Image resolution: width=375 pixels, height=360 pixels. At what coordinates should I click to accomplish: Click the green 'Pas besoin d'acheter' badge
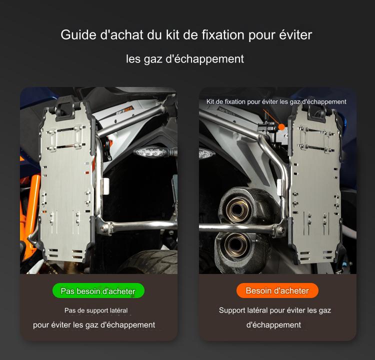(98, 290)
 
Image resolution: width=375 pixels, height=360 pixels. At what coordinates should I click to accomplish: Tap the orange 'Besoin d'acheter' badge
(277, 290)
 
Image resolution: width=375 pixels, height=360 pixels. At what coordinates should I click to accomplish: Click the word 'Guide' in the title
(78, 35)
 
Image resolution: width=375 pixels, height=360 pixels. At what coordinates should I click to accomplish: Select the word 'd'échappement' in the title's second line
(204, 59)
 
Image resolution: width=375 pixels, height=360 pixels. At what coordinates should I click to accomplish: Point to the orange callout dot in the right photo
(281, 127)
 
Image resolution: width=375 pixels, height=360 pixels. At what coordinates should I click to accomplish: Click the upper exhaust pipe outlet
(237, 209)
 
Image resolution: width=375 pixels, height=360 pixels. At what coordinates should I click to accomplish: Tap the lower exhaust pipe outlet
(236, 244)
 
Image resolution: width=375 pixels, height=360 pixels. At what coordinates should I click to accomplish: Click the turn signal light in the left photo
(151, 151)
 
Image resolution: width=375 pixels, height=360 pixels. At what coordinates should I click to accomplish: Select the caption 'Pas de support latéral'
(96, 310)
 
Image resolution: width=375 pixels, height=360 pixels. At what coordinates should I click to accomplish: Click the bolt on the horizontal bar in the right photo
(280, 230)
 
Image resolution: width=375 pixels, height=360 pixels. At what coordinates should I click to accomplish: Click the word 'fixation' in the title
(223, 35)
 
